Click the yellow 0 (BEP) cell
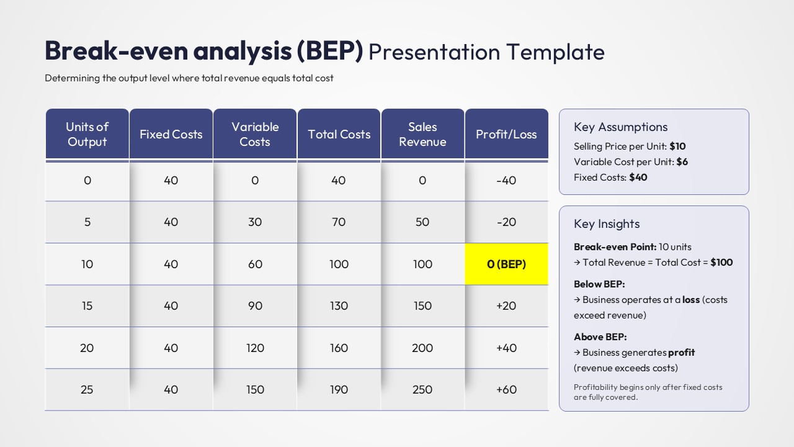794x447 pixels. coord(506,264)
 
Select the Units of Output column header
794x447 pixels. coord(87,134)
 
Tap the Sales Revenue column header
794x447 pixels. coord(422,134)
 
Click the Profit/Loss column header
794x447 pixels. coord(506,134)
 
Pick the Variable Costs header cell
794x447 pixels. coord(255,134)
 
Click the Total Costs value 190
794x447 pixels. coord(339,389)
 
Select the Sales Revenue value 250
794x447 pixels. coord(422,389)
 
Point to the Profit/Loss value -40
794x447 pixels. coord(506,180)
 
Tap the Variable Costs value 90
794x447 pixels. coord(255,305)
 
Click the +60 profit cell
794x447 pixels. coord(506,389)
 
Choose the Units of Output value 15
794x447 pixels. coord(87,305)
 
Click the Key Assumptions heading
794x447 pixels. coord(620,127)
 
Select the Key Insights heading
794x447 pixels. coord(607,223)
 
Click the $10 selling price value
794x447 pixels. coord(677,147)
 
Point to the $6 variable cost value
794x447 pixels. coord(682,161)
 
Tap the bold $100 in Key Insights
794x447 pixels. coord(721,262)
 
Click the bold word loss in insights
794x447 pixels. coord(690,299)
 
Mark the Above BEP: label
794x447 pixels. coord(600,336)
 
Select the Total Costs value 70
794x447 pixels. coord(339,222)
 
